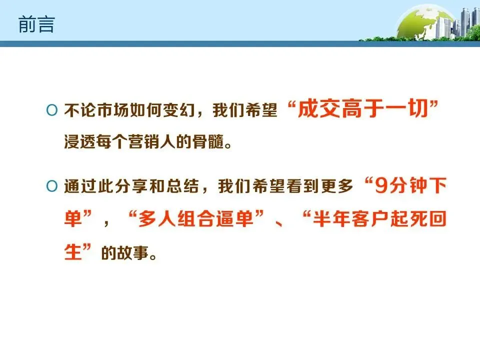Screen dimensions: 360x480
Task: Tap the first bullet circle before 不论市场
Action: click(x=52, y=110)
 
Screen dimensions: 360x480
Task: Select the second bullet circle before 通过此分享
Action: click(x=52, y=187)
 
